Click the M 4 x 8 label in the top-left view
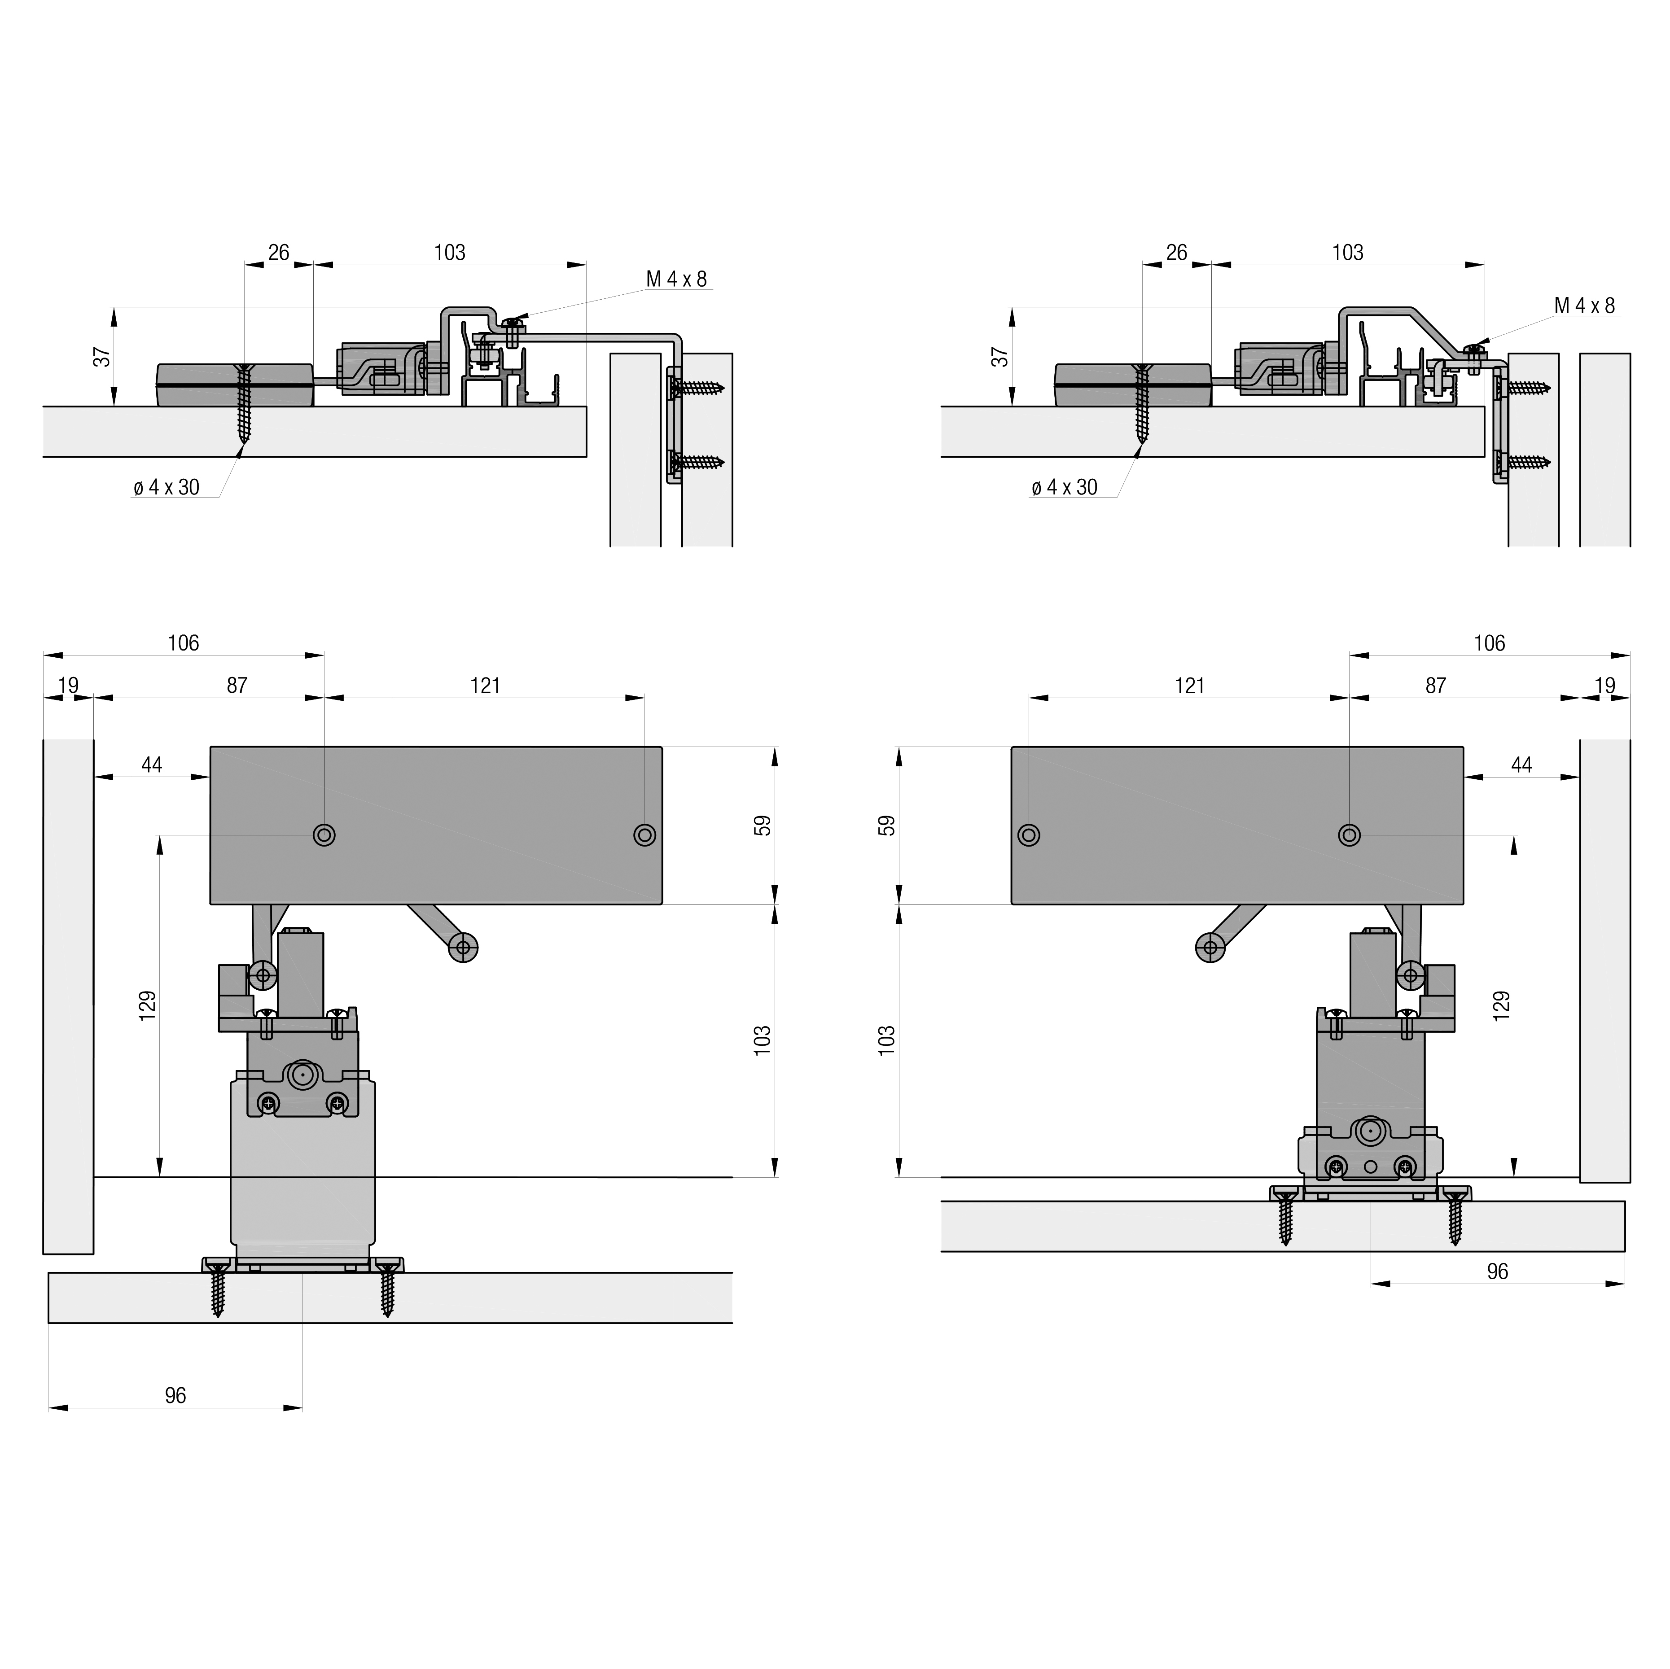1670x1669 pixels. coord(677,279)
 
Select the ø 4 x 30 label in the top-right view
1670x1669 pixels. coord(1064,488)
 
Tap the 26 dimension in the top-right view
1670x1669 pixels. coord(1176,253)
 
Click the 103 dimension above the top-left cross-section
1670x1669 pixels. coord(450,253)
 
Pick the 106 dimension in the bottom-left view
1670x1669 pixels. coord(183,643)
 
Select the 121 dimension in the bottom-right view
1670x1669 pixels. coord(1189,686)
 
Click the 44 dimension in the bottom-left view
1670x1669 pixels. coord(152,765)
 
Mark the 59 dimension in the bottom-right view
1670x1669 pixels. coord(887,826)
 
